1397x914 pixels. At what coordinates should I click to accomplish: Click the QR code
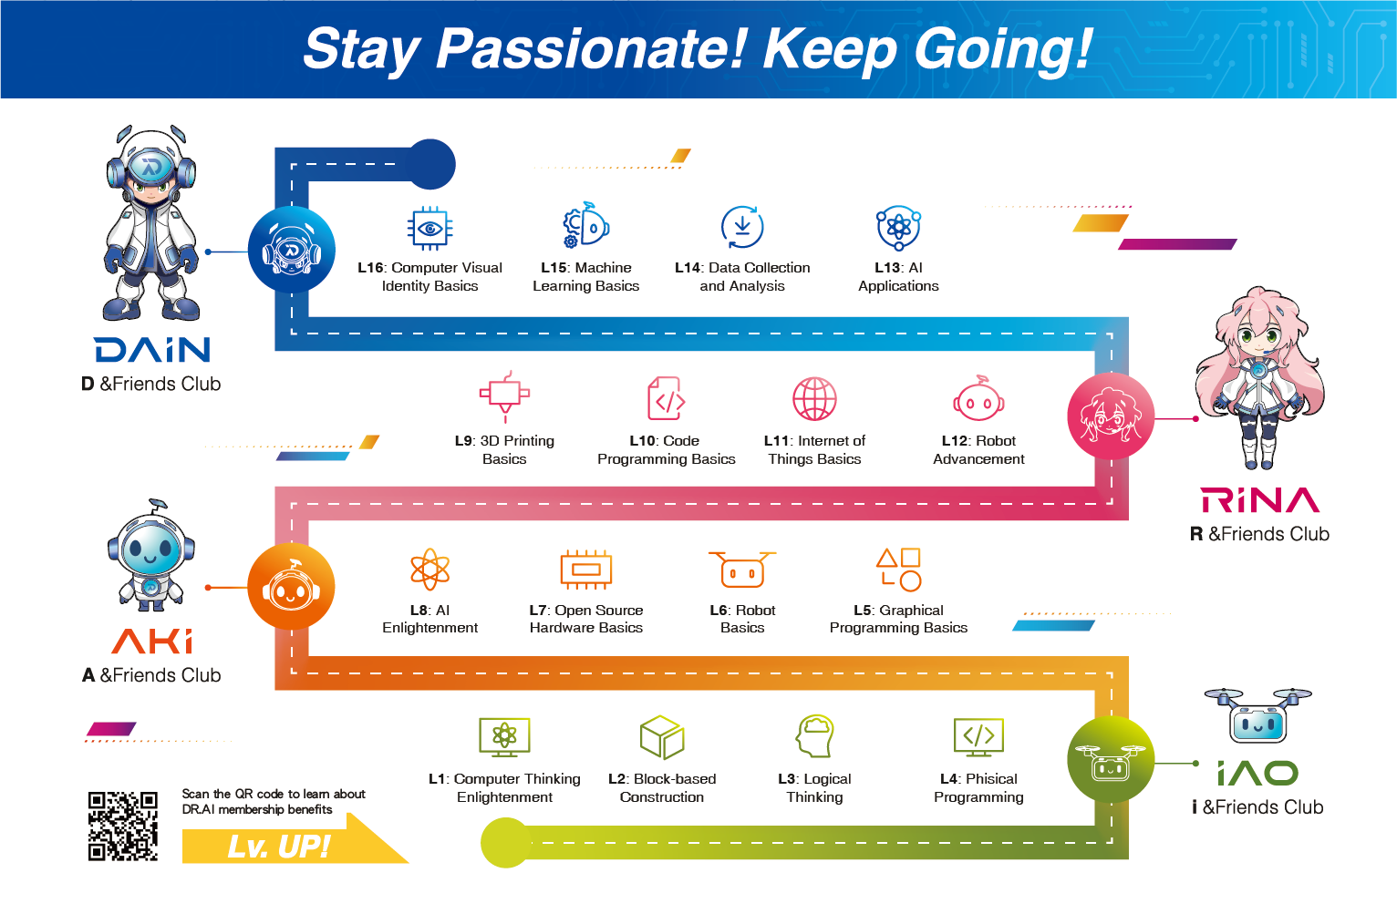(123, 827)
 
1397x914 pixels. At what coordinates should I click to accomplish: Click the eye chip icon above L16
(429, 228)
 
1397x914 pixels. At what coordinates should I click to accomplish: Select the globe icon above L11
(814, 399)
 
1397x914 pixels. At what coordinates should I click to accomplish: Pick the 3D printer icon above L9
(504, 396)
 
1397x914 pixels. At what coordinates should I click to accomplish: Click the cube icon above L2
(662, 737)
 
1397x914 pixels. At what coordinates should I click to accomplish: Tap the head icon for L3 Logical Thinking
(814, 735)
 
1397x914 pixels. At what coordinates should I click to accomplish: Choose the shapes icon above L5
(899, 570)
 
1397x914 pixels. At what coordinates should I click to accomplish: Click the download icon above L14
(742, 227)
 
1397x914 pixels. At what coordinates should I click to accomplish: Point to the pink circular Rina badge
(1111, 416)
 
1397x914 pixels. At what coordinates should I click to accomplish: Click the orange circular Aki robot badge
(291, 587)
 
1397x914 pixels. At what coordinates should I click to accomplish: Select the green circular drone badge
(1111, 759)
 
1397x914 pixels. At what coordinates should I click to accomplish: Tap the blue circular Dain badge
(291, 250)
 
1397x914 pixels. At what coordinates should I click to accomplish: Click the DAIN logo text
(152, 350)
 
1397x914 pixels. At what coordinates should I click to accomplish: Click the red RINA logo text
(1260, 499)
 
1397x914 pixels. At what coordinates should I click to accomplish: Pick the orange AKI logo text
(152, 642)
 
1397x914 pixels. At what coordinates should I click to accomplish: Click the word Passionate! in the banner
(590, 50)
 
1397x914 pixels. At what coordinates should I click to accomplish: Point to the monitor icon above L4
(978, 737)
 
